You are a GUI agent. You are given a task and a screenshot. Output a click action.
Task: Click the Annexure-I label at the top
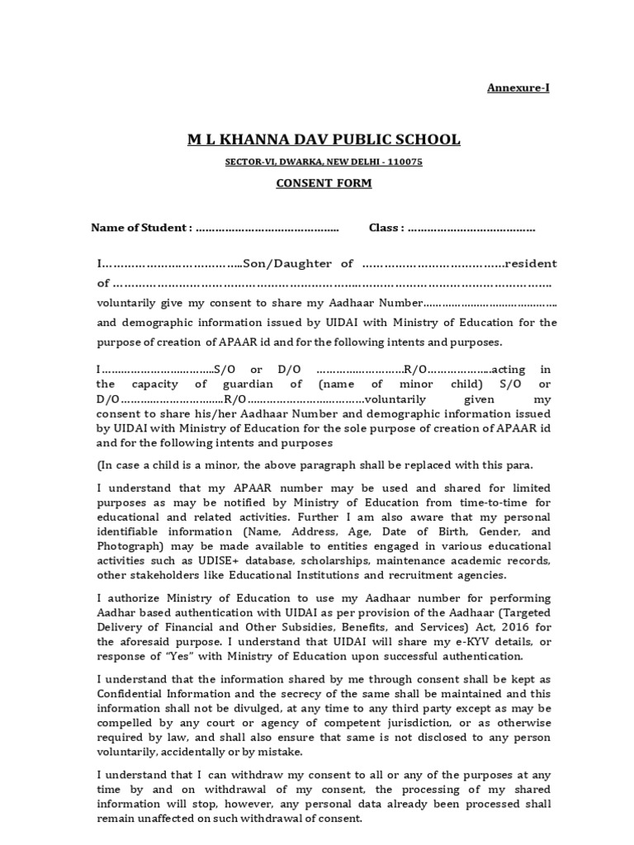pyautogui.click(x=517, y=87)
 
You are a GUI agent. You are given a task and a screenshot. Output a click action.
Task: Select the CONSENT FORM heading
pyautogui.click(x=324, y=183)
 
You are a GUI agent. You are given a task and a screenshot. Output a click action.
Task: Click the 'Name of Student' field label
pyautogui.click(x=141, y=228)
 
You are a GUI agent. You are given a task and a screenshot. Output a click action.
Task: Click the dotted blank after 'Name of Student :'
pyautogui.click(x=268, y=228)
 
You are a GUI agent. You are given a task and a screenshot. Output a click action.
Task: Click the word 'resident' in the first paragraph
pyautogui.click(x=532, y=263)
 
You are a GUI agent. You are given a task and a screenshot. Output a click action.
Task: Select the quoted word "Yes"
pyautogui.click(x=168, y=657)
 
